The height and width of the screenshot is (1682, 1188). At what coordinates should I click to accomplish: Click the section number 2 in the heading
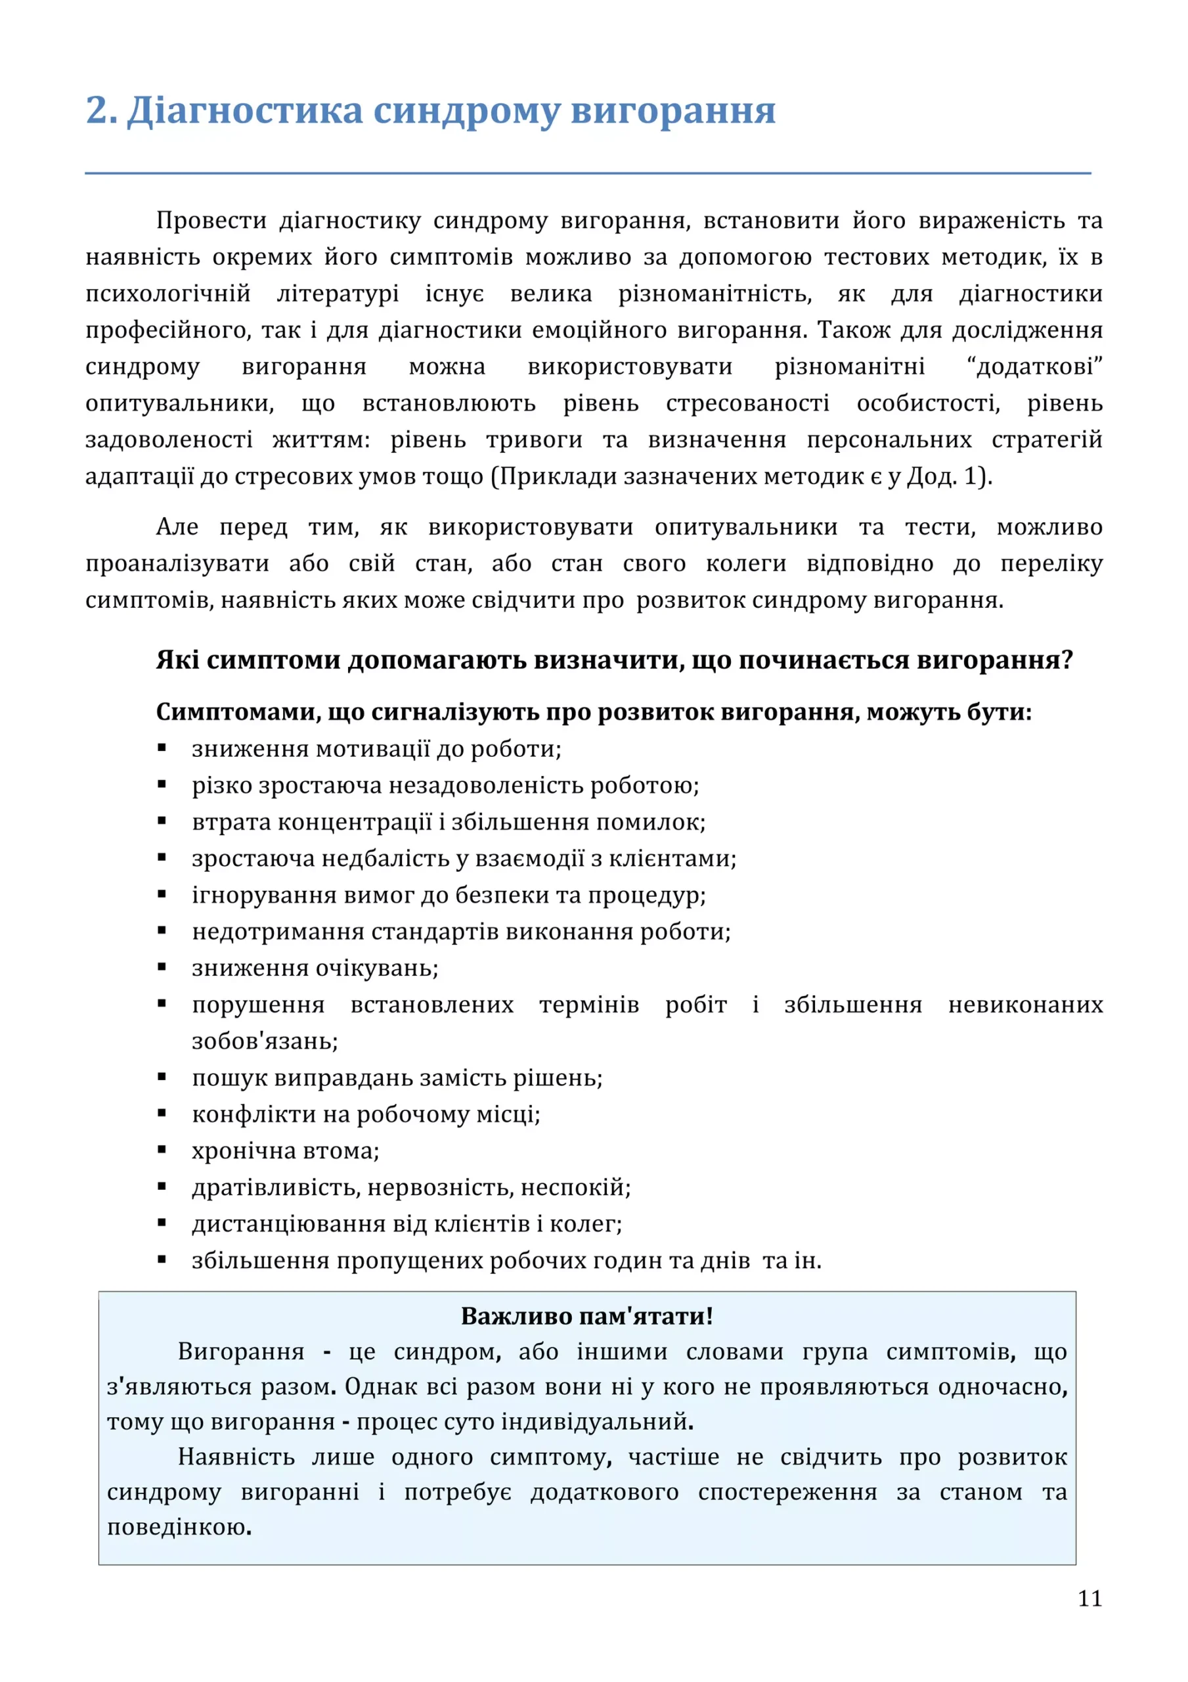(x=97, y=110)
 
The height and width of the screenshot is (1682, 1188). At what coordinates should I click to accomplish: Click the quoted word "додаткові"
(x=1035, y=366)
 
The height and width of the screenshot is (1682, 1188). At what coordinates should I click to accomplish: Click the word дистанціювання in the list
(x=288, y=1223)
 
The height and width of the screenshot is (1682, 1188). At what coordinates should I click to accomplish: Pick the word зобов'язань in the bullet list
(x=264, y=1041)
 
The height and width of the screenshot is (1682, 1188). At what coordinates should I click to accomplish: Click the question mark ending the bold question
(x=1067, y=660)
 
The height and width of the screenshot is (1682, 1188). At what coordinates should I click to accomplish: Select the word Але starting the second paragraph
(x=177, y=527)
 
